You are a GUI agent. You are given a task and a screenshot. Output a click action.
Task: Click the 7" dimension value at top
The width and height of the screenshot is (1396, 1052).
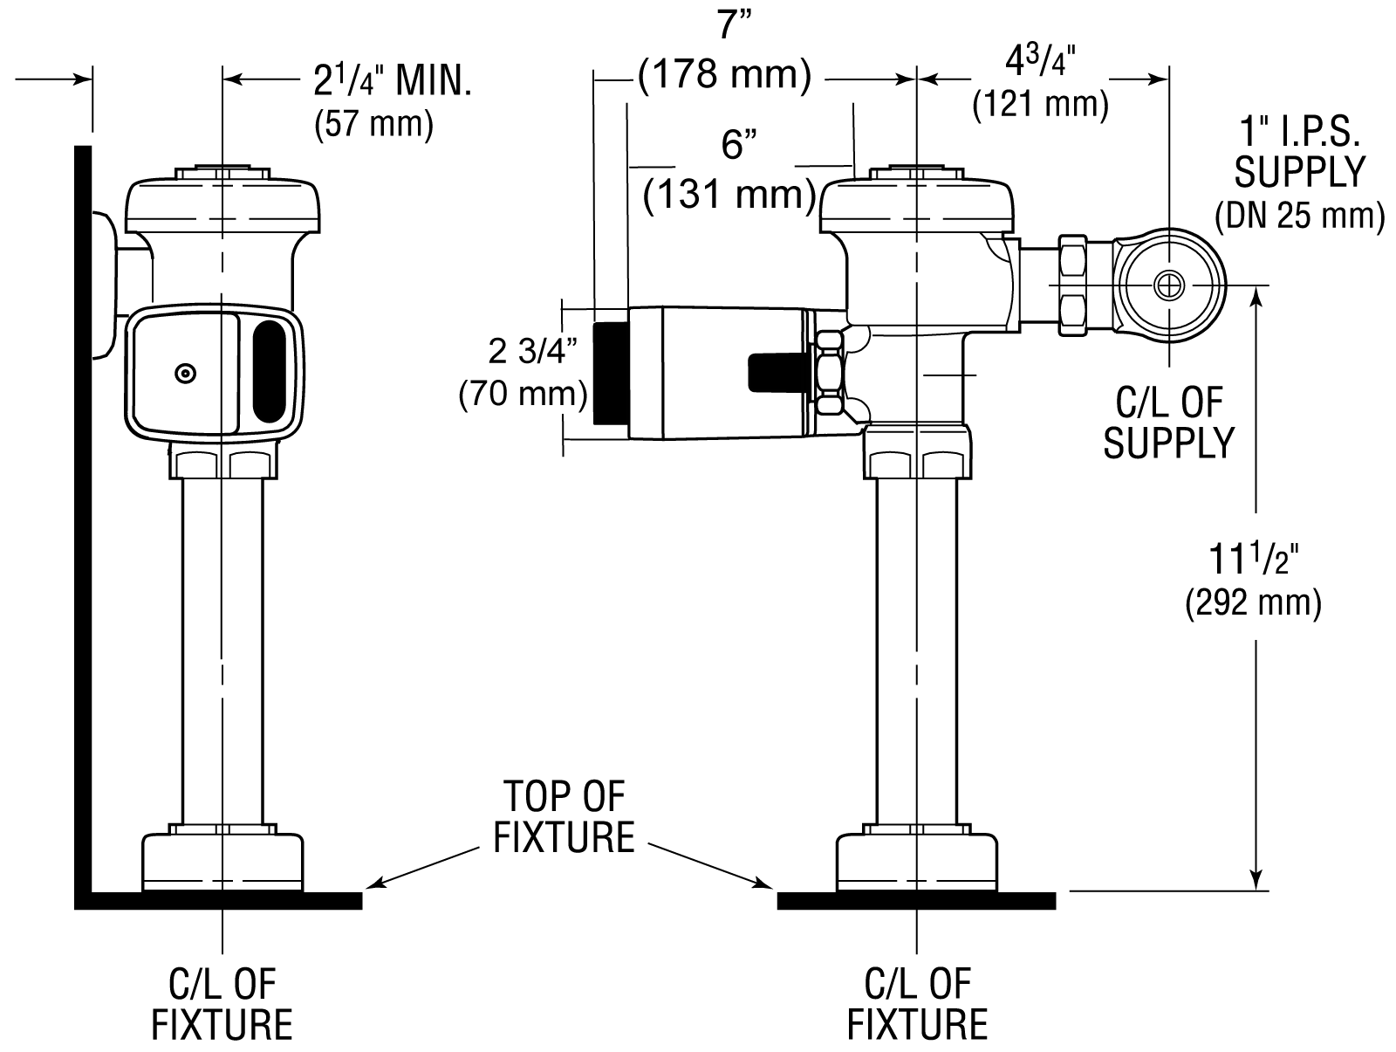pos(734,24)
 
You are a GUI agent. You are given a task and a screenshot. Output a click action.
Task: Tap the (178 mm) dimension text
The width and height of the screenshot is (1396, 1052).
pos(724,76)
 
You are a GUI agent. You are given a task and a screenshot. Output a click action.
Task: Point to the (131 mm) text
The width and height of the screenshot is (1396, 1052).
pos(729,194)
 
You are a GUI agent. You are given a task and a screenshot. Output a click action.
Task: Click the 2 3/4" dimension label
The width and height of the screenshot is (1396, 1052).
pos(532,351)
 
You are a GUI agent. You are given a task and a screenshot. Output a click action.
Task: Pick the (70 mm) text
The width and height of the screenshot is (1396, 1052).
pos(523,394)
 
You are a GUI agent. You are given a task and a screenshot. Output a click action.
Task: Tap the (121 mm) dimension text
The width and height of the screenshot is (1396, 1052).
pos(1041,105)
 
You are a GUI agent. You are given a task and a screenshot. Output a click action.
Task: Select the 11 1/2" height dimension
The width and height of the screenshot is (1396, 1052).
pos(1253,558)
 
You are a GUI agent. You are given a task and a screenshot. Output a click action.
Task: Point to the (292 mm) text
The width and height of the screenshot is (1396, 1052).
pos(1253,602)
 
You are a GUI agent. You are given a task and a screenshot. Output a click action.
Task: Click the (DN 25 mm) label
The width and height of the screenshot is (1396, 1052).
pos(1299,216)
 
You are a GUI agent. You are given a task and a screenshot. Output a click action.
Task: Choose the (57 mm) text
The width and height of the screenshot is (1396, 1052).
pos(374,123)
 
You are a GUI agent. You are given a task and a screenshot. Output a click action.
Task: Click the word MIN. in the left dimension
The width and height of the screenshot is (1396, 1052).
pos(434,81)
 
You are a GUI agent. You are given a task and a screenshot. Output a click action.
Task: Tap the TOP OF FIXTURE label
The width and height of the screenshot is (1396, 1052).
pos(565,816)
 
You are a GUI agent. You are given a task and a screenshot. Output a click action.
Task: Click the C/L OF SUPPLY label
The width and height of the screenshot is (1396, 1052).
pos(1169,423)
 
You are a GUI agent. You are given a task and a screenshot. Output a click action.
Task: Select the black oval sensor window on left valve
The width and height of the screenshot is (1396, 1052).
pos(269,372)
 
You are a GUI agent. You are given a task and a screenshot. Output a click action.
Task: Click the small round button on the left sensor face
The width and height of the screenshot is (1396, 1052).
pos(185,374)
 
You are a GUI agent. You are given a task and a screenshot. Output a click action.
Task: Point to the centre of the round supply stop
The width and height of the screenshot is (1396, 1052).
pos(1169,285)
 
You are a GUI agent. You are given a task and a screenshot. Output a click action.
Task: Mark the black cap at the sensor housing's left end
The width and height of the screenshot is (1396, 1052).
pos(611,373)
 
